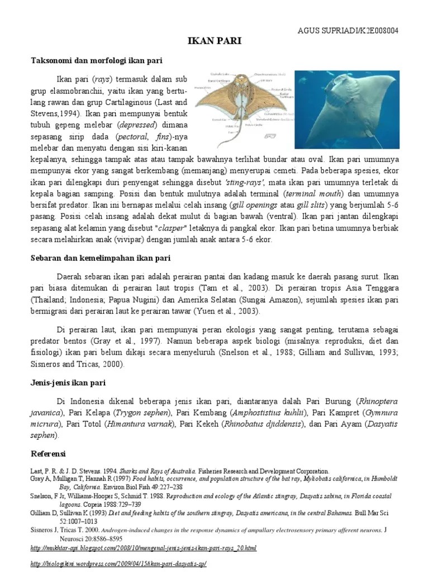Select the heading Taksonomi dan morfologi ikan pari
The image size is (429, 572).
(x=96, y=59)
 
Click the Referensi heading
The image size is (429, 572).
(x=47, y=452)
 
